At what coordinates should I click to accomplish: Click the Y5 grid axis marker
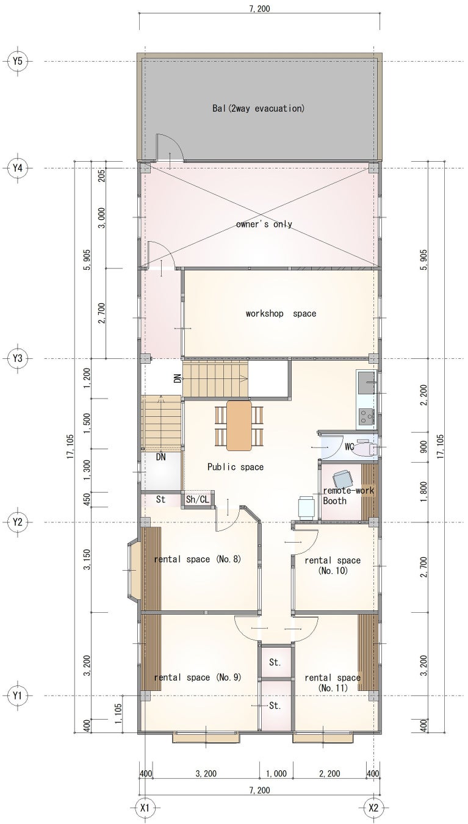18,61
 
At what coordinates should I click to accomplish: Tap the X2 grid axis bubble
373,796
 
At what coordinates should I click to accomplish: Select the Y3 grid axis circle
18,358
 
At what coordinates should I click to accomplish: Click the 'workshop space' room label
281,313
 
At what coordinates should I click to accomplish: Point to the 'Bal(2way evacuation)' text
259,108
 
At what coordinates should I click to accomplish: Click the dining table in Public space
239,425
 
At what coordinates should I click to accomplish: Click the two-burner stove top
366,417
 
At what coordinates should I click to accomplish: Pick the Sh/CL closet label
198,499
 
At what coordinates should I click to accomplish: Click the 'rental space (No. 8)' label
198,559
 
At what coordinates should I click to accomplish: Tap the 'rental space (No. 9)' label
198,678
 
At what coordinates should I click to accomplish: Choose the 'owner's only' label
264,224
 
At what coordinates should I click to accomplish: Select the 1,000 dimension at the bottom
276,764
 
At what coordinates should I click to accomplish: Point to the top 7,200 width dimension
259,8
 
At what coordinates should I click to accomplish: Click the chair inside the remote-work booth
342,479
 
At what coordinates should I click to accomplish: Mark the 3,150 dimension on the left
87,560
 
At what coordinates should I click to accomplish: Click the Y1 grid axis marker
18,696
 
